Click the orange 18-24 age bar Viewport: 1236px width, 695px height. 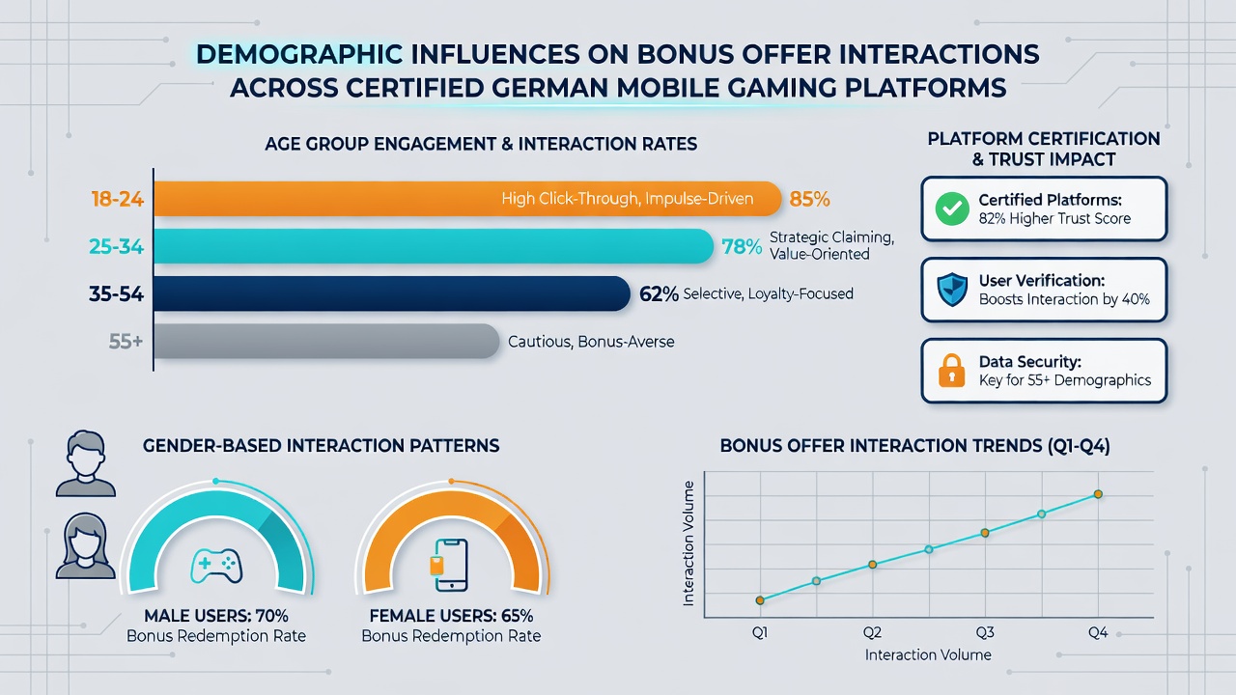click(x=467, y=199)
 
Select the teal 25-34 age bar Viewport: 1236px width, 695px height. click(x=434, y=246)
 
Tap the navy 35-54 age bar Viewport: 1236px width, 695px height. click(x=392, y=293)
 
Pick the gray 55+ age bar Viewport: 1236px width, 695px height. click(x=326, y=341)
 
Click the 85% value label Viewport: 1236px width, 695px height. click(x=809, y=199)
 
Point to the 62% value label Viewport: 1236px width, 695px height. click(x=659, y=294)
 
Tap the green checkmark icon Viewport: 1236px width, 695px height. click(x=952, y=208)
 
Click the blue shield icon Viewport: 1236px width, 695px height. click(x=952, y=290)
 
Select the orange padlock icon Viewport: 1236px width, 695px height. click(x=952, y=371)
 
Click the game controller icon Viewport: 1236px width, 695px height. click(x=216, y=566)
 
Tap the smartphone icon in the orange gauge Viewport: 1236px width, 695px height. click(x=450, y=566)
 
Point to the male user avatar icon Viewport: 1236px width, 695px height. click(x=86, y=463)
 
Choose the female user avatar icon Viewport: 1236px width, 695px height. click(x=86, y=545)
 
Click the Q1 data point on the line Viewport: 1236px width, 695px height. click(x=760, y=600)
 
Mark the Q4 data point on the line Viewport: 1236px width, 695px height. click(x=1098, y=494)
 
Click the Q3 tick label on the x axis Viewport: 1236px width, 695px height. click(x=985, y=632)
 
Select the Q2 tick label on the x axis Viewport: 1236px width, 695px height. click(x=872, y=632)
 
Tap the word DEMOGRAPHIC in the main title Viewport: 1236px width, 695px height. click(x=299, y=55)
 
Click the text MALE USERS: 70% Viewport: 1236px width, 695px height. click(x=216, y=616)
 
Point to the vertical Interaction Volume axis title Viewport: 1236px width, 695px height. click(x=688, y=543)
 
